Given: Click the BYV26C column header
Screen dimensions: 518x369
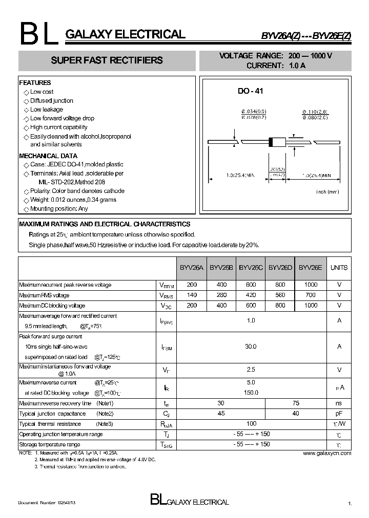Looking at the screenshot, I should (251, 267).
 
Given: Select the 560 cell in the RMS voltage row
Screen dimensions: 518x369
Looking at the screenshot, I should (280, 295).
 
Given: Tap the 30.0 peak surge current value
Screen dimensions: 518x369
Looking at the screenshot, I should (251, 347).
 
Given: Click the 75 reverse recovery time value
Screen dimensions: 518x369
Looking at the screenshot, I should (295, 403).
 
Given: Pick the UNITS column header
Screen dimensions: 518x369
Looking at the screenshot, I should (339, 267).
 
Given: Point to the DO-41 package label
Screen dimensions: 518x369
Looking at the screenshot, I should (250, 91).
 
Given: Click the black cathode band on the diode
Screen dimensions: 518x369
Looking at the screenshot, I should (271, 142).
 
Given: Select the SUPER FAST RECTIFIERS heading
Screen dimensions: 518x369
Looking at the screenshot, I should (107, 60).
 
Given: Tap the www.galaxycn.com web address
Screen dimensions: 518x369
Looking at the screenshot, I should (327, 453).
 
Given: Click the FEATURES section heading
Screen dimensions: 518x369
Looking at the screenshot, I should (35, 82).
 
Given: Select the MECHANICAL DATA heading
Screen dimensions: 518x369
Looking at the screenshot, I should (48, 156).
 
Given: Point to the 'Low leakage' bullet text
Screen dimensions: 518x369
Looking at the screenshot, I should (47, 110).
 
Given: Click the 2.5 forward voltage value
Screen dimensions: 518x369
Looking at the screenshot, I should (251, 370).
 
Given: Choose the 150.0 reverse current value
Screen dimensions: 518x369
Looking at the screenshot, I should (251, 393).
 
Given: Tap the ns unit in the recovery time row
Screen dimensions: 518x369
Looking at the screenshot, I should (339, 403).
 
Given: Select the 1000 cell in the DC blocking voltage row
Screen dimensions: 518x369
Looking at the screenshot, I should (311, 306).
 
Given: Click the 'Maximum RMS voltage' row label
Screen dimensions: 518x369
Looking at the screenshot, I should (44, 295).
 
